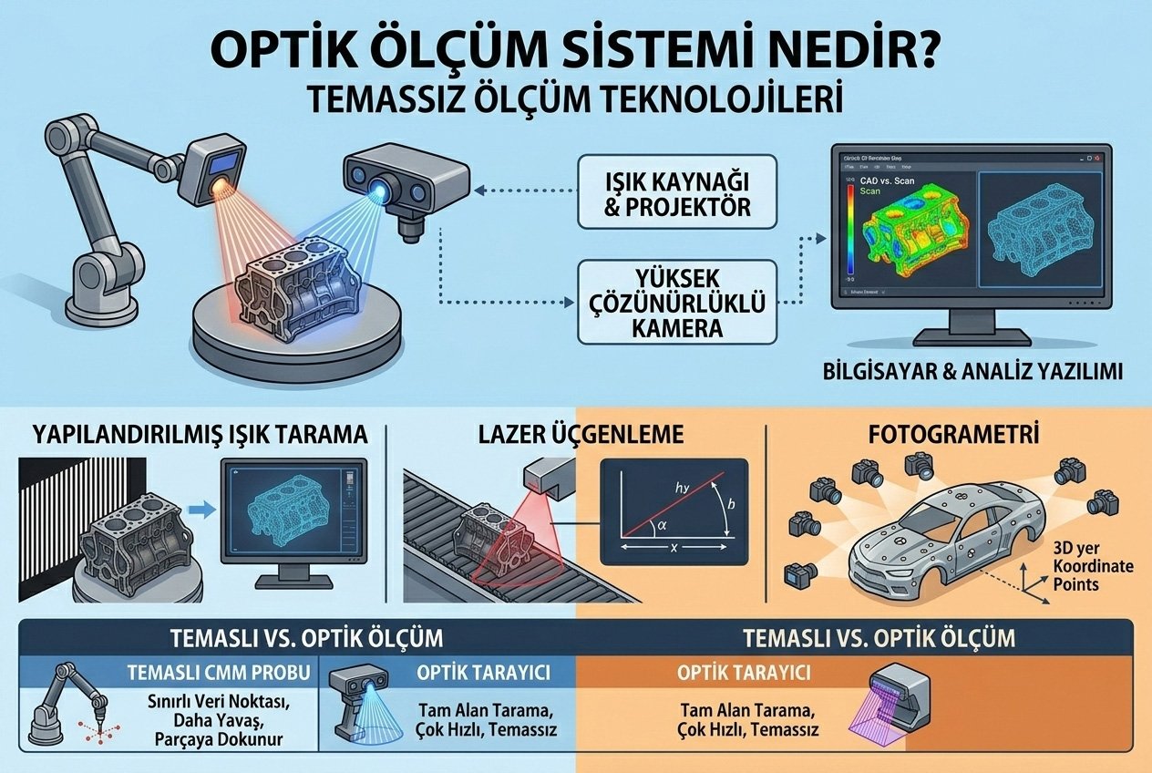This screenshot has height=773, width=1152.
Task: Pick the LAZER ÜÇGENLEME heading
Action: coord(581,435)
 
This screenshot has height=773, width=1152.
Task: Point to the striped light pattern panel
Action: coord(73,510)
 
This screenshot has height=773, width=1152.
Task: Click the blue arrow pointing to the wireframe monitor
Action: coord(206,512)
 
